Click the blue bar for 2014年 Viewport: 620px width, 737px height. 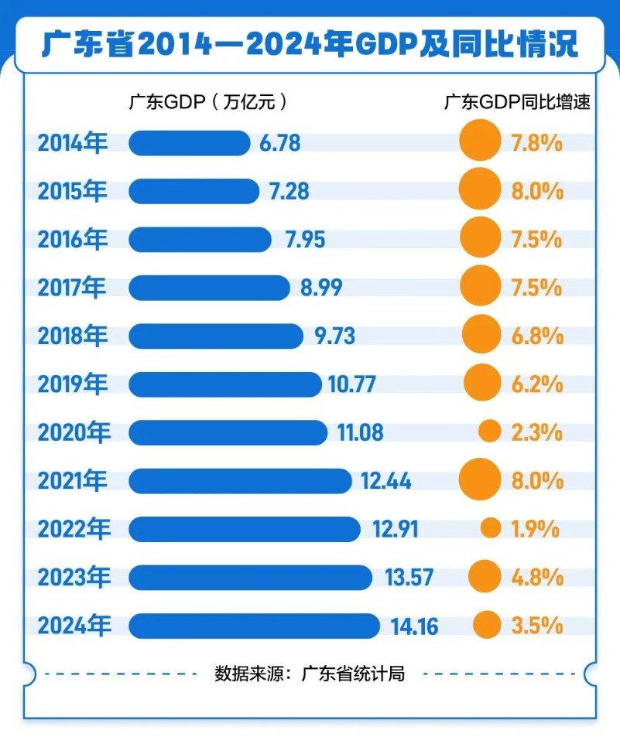click(x=189, y=143)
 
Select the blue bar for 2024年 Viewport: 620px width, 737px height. click(x=254, y=626)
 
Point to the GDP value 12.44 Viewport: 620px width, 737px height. click(x=385, y=481)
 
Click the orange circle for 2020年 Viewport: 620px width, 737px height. click(x=489, y=432)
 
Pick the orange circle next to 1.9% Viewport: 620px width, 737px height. click(x=490, y=528)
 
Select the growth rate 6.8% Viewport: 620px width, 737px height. click(x=536, y=336)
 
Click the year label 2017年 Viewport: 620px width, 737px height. click(x=73, y=288)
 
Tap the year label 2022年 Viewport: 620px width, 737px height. click(x=73, y=529)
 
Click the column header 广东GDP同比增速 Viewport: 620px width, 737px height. click(x=517, y=102)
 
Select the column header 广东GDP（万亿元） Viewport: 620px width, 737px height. click(x=209, y=102)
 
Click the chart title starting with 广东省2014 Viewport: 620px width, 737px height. click(x=310, y=43)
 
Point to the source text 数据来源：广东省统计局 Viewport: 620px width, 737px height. click(x=310, y=674)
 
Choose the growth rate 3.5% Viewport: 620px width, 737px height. click(x=536, y=626)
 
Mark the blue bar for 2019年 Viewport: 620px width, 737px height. click(x=224, y=384)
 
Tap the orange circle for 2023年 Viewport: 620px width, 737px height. click(x=485, y=576)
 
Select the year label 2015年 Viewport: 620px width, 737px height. click(x=73, y=191)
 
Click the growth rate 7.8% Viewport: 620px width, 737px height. click(x=536, y=143)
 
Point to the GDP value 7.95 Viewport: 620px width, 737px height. click(x=304, y=240)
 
